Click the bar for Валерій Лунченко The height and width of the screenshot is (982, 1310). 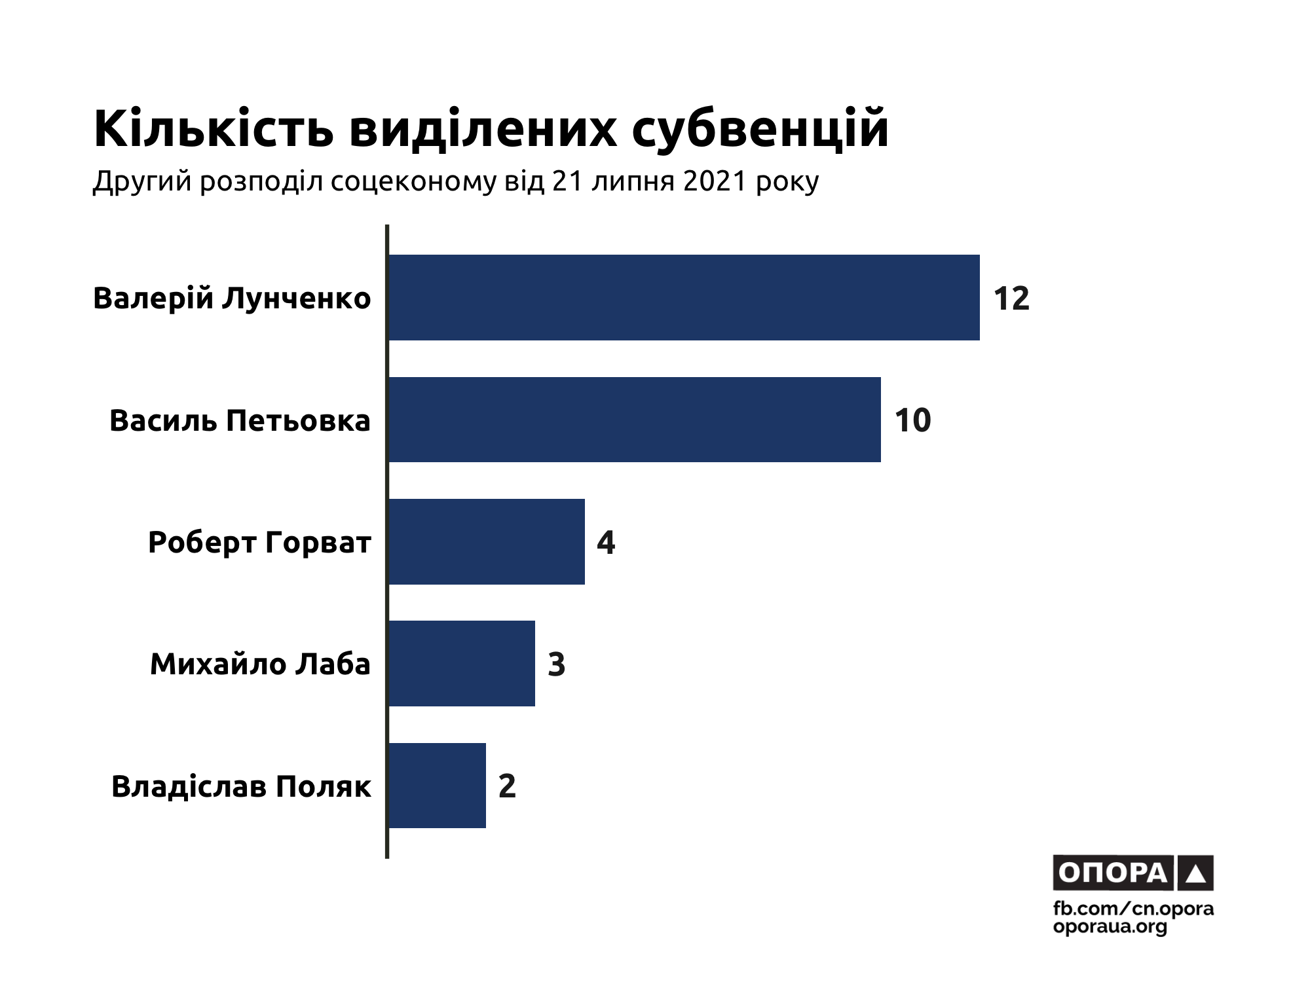[684, 297]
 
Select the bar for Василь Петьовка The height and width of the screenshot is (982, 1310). [634, 420]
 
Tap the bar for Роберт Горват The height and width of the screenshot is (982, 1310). [486, 541]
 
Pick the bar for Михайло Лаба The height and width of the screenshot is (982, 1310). [461, 663]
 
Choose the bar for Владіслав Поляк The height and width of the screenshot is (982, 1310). [437, 786]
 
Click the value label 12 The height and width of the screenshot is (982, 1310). [1011, 299]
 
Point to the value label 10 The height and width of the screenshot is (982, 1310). [912, 420]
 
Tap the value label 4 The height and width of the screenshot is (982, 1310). [606, 543]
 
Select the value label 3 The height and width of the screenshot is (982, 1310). [556, 664]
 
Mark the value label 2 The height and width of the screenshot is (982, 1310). [507, 786]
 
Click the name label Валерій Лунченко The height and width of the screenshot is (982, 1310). [232, 299]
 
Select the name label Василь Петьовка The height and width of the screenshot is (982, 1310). [240, 420]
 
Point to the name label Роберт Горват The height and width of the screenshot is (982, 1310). [259, 543]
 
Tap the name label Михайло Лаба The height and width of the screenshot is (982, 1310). [260, 664]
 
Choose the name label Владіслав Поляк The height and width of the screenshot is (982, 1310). [241, 786]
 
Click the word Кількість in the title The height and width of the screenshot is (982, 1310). [214, 129]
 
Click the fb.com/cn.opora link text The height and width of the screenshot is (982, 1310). [1133, 909]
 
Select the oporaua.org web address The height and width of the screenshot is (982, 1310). [1110, 927]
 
